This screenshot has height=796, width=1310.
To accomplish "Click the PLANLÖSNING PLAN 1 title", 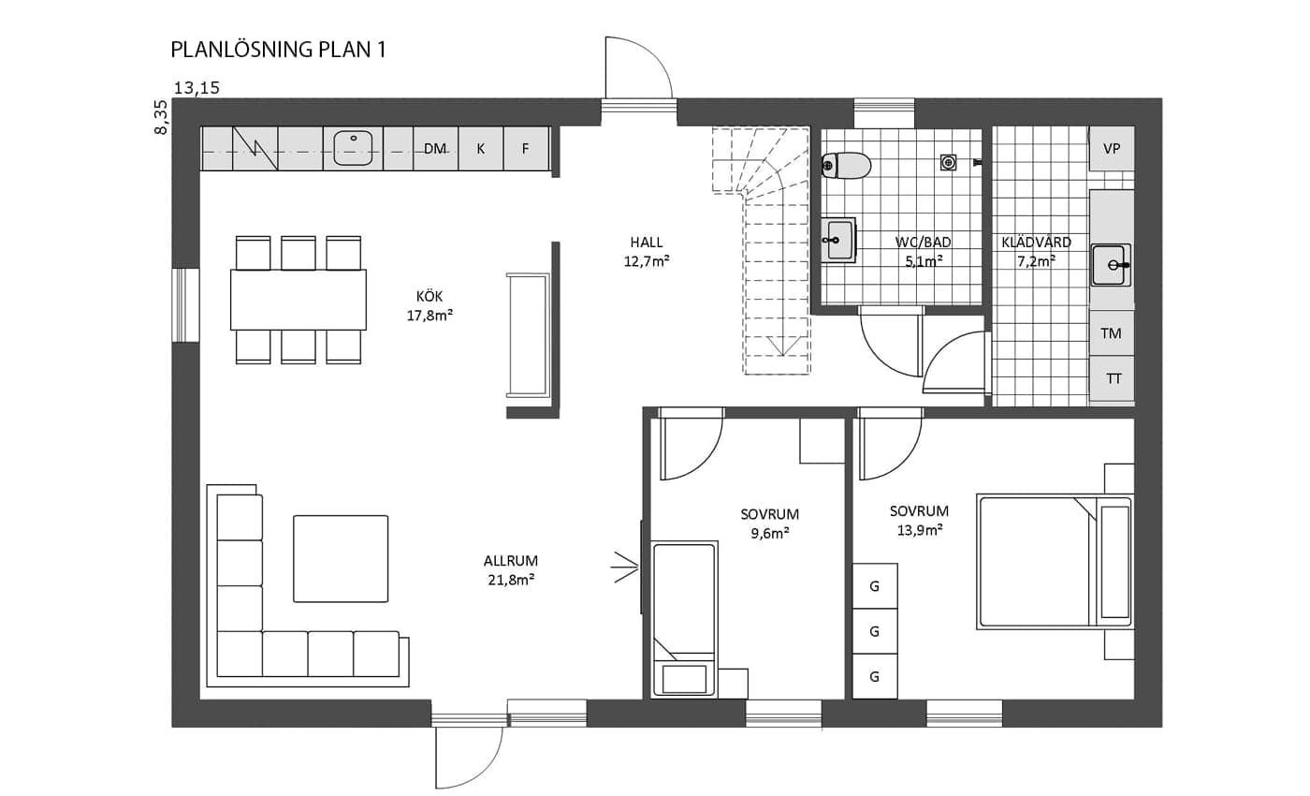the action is coord(279,50).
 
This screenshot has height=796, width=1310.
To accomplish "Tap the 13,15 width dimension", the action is coord(197,88).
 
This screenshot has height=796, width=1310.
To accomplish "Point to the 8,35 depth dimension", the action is coord(161,117).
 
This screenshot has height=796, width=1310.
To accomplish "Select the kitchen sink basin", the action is coord(354,148).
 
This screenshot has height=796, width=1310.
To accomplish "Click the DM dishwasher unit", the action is coord(435,149).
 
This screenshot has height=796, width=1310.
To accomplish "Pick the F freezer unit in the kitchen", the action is coord(526,149).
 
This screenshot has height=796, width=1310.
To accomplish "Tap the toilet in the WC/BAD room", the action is coord(846,166).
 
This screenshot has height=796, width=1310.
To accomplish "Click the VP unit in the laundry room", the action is coord(1112,148).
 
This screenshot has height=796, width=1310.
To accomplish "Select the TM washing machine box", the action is coord(1112,333).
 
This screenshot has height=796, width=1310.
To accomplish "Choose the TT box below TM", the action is coord(1113,378).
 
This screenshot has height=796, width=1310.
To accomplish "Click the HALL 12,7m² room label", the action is coord(647,252).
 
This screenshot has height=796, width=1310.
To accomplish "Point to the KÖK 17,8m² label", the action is coord(429,306).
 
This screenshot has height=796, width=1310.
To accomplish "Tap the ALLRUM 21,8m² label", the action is coord(511,570).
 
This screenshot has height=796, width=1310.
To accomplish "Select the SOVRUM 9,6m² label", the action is coord(769,523).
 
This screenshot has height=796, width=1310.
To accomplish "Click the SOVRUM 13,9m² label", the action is coord(919,521).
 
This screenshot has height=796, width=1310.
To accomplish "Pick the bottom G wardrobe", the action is coord(875,676).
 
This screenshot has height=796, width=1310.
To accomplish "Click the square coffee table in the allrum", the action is coord(341,558).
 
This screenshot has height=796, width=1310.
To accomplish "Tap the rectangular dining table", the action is coord(298,300).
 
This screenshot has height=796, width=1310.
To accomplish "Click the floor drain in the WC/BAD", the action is coord(948,162).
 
